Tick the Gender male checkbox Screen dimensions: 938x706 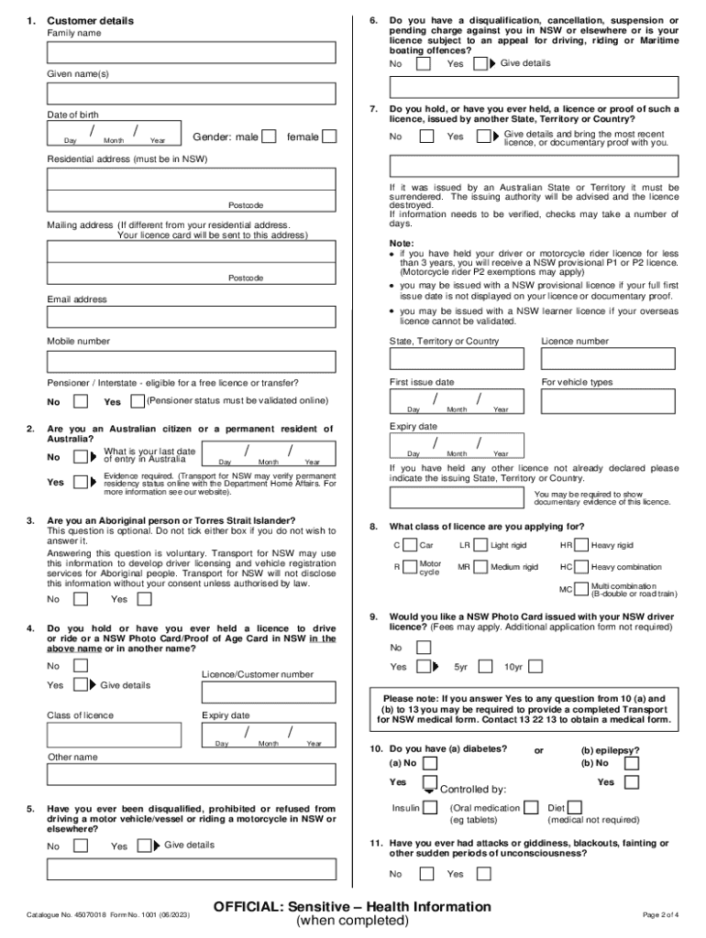pos(269,136)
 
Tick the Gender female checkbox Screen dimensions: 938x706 pos(329,136)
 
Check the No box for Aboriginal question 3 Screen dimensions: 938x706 pos(81,599)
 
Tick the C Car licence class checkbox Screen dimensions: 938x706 pos(409,545)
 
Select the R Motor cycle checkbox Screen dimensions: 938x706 pos(409,567)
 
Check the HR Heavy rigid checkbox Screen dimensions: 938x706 pos(581,545)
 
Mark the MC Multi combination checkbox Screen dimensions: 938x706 pos(581,588)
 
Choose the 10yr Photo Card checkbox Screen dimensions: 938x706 pos(535,667)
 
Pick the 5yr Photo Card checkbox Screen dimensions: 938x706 pos(484,667)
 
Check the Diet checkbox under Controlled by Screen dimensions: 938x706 pos(575,808)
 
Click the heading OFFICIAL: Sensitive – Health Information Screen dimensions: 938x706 pos(352,907)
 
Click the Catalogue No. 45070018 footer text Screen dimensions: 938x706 pos(109,915)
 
